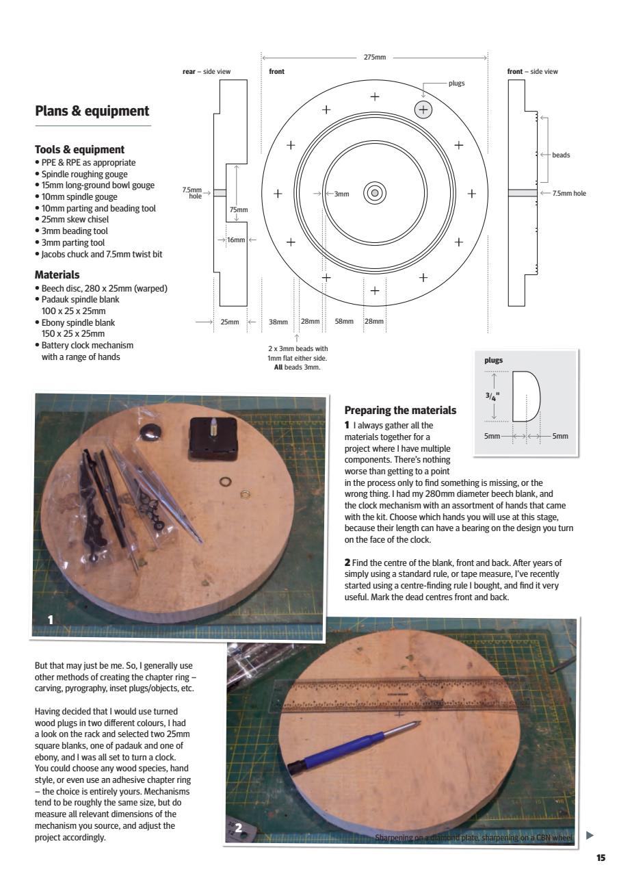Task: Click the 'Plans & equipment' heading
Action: point(92,111)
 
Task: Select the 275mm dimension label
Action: point(374,59)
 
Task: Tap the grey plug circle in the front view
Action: point(423,109)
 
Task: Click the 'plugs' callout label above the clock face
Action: point(456,83)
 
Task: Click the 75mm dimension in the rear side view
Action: point(238,210)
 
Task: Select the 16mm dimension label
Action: point(235,240)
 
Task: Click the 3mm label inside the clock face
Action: point(341,194)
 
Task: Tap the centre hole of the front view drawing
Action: point(374,193)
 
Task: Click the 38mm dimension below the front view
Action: point(278,321)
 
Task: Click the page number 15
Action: point(601,857)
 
